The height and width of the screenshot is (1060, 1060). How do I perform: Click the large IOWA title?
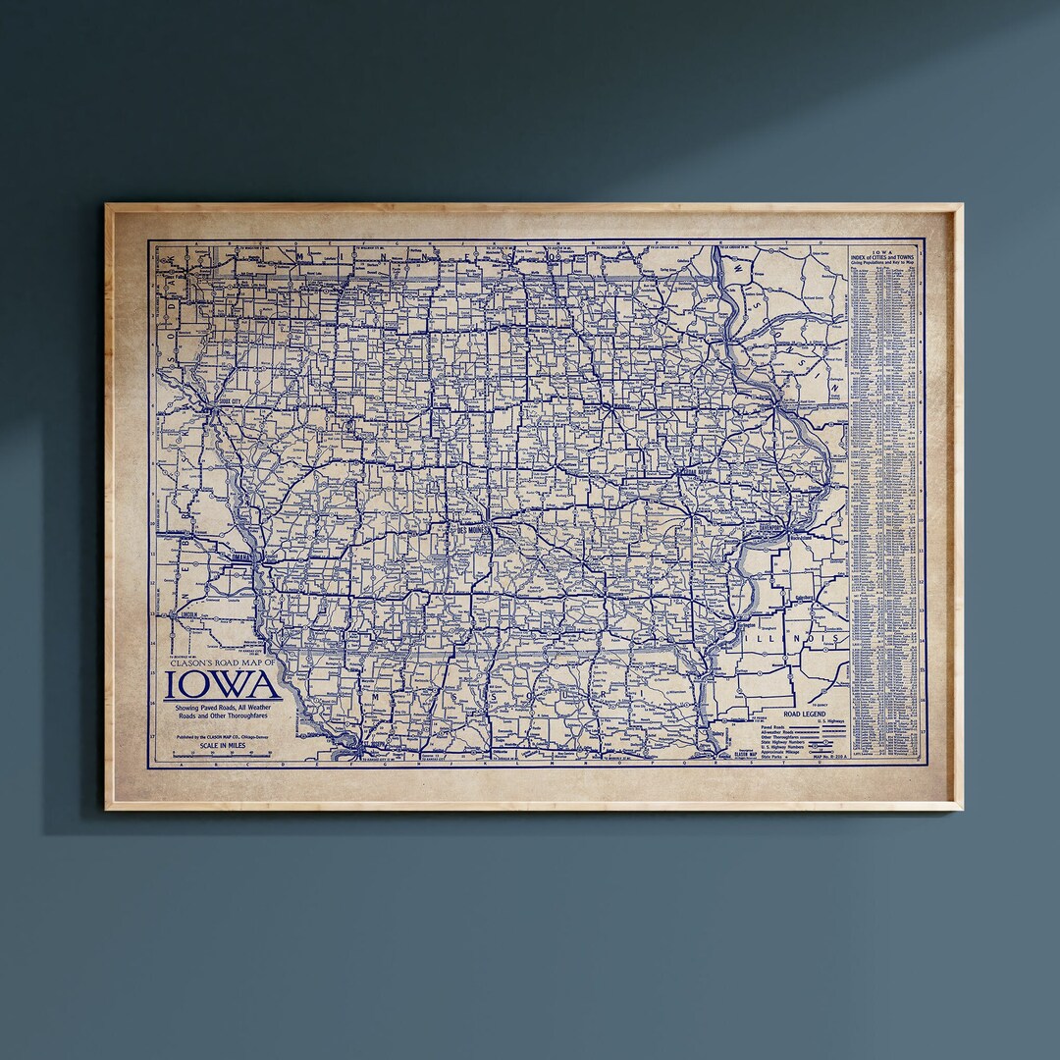(x=223, y=685)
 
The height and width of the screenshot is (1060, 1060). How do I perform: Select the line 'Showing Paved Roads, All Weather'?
(x=222, y=709)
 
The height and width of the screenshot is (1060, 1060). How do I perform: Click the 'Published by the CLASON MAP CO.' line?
(x=222, y=735)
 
